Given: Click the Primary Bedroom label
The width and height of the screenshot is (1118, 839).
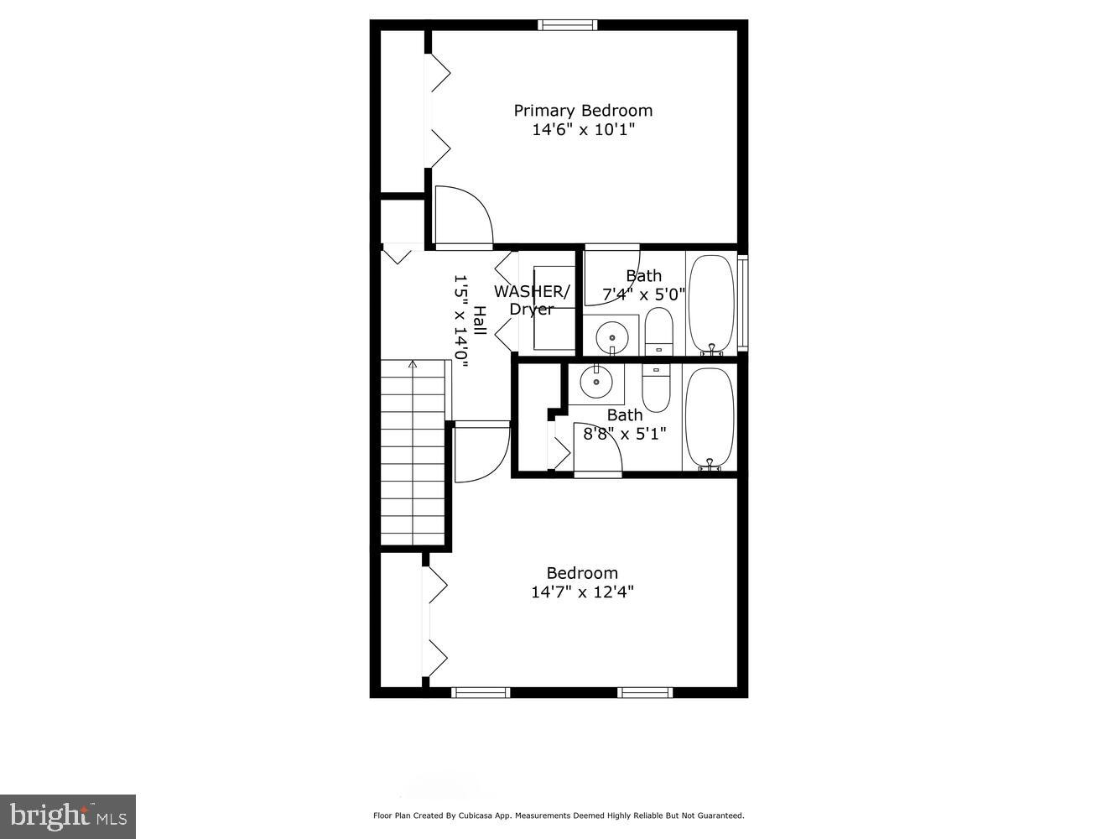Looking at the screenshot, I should click(x=583, y=111).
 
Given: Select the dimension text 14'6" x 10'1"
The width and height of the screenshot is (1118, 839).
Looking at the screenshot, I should click(x=583, y=130).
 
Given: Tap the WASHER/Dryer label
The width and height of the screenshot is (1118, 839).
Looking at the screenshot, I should click(x=532, y=300).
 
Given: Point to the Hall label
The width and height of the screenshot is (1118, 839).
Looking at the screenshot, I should click(x=479, y=320).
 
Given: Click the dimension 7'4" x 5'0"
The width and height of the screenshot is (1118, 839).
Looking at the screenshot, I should click(x=644, y=294).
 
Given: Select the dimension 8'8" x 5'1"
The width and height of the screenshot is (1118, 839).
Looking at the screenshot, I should click(x=625, y=434).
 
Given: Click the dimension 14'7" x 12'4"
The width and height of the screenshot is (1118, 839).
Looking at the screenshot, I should click(x=582, y=592).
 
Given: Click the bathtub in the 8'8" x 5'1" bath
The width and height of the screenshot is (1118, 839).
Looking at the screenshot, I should click(x=710, y=417).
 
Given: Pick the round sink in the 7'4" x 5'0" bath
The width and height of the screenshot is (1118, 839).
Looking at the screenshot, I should click(x=612, y=337).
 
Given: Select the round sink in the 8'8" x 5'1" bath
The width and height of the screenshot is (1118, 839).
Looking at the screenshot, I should click(x=596, y=382).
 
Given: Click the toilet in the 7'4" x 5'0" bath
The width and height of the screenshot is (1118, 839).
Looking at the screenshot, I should click(x=658, y=331).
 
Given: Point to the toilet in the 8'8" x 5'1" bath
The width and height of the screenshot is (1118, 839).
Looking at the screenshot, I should click(x=656, y=388).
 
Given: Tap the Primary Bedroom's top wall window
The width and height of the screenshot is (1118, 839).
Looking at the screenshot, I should click(x=568, y=25).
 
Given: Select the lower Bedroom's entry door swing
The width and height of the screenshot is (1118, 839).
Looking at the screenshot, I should click(x=481, y=452).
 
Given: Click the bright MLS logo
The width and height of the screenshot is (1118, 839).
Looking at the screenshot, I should click(x=67, y=816).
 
